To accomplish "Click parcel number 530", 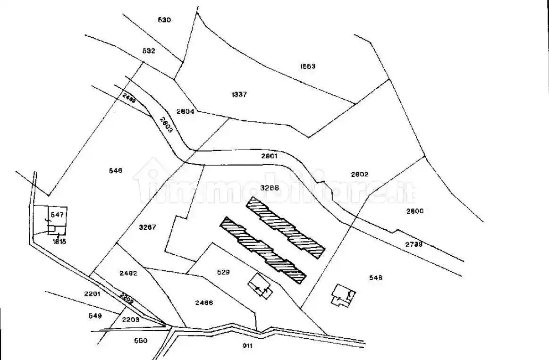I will pos(164,20).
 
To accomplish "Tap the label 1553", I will pos(308,66).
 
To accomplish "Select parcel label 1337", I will pos(239,94).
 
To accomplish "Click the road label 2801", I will pos(270,156).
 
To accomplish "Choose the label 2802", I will pos(360,174).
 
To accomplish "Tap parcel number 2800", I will pos(415,211).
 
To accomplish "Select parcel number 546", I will pos(115,170).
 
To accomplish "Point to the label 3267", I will pos(148,227).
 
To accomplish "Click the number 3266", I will pos(270,187).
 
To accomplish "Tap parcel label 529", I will pos(223,272).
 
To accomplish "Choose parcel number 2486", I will pos(204,302).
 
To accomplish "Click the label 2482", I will pos(128,273).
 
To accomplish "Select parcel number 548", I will pos(376,277).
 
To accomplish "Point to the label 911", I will pos(248,346).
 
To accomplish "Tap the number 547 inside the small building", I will pos(57,215).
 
